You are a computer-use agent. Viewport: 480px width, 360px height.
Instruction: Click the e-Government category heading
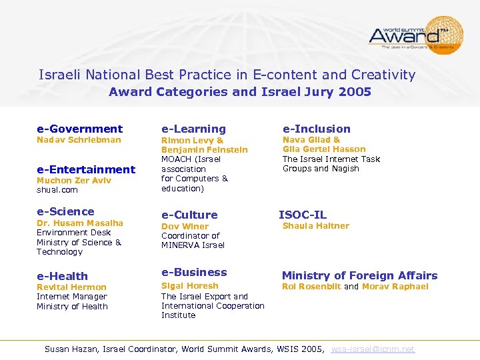click(x=79, y=129)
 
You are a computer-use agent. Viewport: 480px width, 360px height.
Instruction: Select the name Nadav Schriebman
click(x=79, y=140)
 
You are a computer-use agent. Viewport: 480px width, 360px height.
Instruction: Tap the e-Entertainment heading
click(x=85, y=169)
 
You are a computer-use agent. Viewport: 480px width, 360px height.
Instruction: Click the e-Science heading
click(x=65, y=211)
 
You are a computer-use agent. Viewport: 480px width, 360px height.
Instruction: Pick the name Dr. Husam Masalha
click(x=79, y=223)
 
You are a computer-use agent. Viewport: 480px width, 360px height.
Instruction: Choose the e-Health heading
click(x=62, y=276)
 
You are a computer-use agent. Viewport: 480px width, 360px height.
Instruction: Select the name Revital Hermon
click(x=71, y=287)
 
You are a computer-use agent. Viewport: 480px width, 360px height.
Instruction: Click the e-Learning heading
click(x=193, y=129)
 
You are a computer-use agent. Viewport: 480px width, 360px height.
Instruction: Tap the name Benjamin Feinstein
click(x=204, y=150)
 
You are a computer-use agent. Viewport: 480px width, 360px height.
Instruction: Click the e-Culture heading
click(x=189, y=215)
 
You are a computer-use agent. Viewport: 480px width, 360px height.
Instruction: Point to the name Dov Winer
click(x=185, y=226)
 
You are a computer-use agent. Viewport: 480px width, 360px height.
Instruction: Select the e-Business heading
click(x=194, y=272)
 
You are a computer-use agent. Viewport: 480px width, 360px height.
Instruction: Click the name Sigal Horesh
click(x=189, y=286)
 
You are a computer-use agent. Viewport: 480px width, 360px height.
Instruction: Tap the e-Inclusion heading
click(x=316, y=129)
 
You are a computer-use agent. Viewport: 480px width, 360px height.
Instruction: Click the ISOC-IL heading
click(x=302, y=215)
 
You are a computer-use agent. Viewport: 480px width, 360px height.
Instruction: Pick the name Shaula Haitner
click(x=315, y=226)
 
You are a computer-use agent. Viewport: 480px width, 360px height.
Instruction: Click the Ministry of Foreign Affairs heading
click(x=359, y=275)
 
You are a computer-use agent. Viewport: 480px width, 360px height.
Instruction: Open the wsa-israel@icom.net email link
click(x=373, y=349)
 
